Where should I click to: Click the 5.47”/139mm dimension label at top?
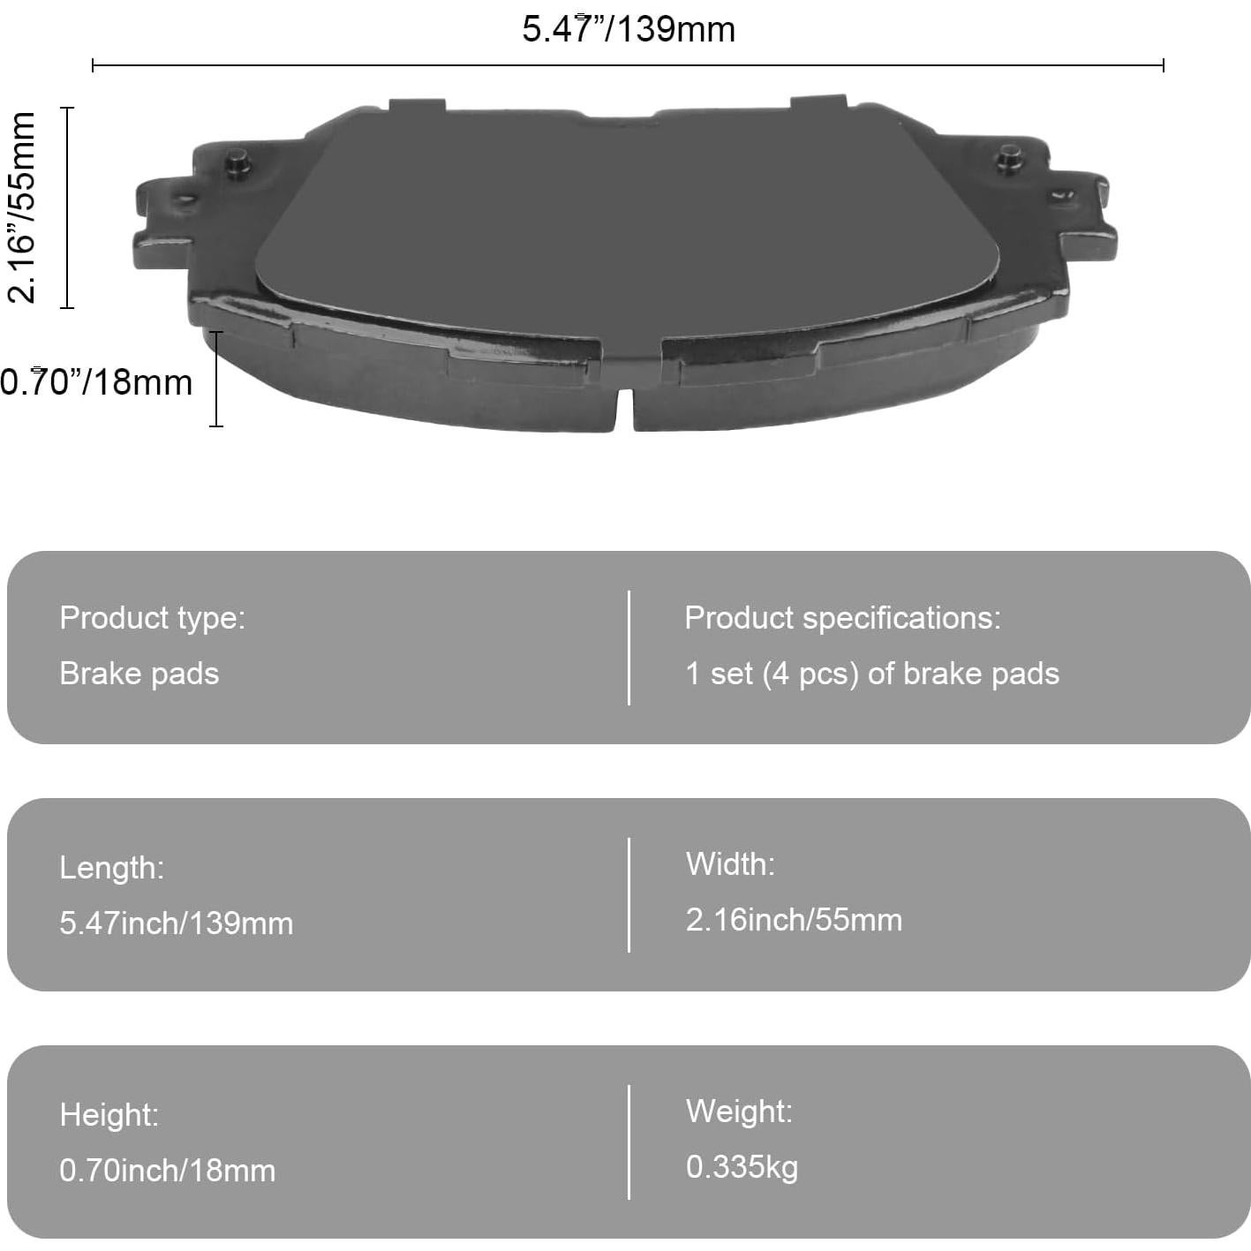[x=629, y=30]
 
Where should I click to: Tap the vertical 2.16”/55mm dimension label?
[x=21, y=207]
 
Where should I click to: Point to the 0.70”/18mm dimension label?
[x=96, y=381]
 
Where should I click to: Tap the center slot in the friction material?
[x=623, y=409]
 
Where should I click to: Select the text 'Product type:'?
[x=153, y=617]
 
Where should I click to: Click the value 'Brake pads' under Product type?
[x=139, y=674]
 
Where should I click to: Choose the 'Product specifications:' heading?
[x=842, y=617]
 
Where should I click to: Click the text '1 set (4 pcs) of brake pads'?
[x=872, y=674]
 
